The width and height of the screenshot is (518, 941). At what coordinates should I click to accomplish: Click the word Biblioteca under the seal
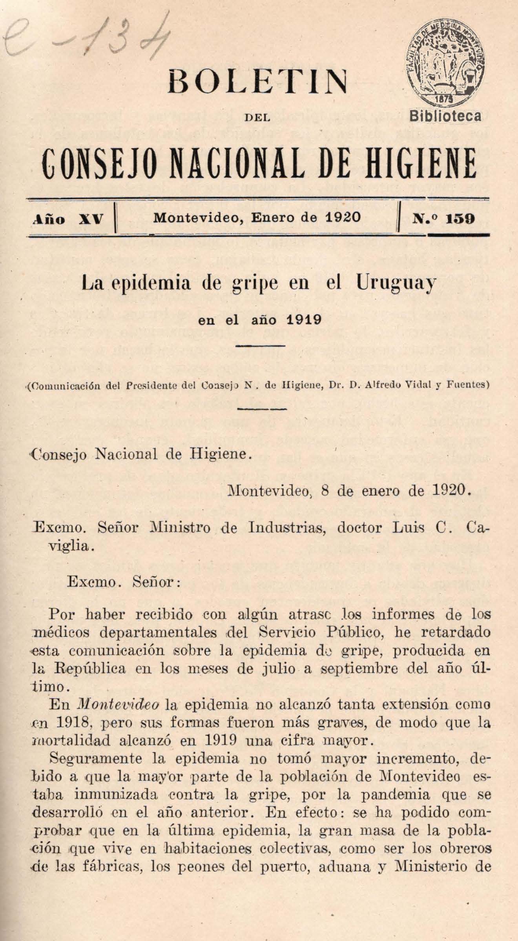446,116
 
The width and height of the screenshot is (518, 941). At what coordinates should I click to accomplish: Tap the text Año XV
67,219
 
